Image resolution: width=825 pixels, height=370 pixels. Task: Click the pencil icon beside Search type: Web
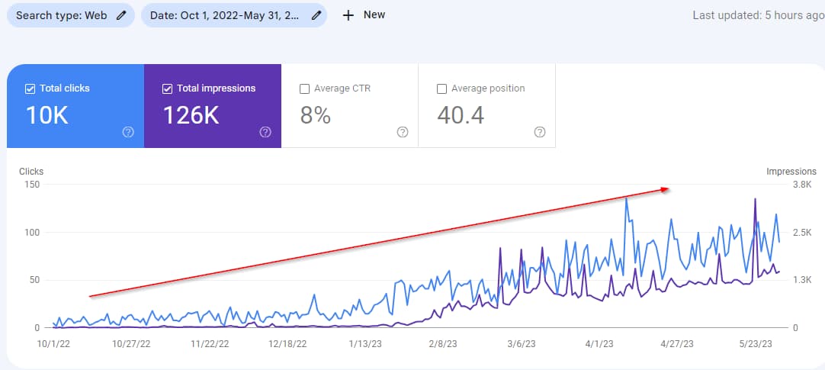[120, 15]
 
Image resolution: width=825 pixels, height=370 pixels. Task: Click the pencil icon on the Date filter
[316, 15]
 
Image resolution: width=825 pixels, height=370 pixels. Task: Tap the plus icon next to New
[348, 15]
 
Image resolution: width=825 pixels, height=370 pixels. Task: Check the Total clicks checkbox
[30, 88]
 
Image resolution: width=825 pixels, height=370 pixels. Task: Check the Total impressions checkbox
[168, 88]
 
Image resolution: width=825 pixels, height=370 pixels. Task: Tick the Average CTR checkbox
[305, 88]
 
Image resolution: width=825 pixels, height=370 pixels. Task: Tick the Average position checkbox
[441, 88]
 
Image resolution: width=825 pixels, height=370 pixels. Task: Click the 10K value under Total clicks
[47, 115]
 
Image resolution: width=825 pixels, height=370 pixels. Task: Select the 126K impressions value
[191, 115]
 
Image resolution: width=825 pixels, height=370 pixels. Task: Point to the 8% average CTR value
[316, 115]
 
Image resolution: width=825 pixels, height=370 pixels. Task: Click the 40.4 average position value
[461, 115]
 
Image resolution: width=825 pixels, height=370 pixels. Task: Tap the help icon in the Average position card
[540, 132]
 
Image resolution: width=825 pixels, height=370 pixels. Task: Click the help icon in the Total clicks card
[128, 132]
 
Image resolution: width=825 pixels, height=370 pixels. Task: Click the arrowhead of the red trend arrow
[666, 189]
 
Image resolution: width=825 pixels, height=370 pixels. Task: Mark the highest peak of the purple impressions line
[755, 199]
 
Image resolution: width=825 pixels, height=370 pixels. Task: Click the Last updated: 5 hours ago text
[758, 15]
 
